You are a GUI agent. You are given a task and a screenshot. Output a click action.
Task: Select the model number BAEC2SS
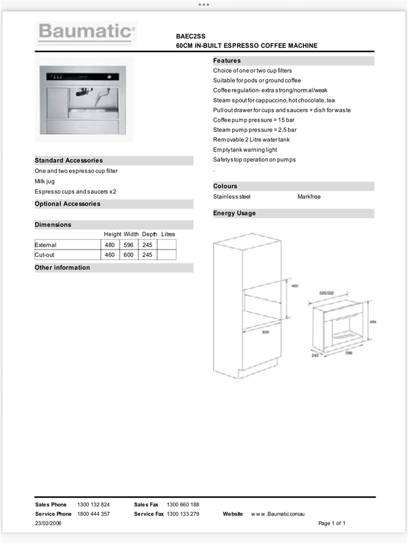point(190,35)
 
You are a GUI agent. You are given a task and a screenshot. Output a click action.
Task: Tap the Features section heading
point(227,61)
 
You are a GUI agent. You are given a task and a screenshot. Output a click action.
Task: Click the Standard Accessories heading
point(69,160)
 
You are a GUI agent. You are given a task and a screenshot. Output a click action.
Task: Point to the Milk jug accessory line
point(45,181)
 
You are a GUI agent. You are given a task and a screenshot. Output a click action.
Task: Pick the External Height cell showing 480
point(109,245)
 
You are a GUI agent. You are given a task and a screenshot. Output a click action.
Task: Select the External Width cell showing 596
point(128,245)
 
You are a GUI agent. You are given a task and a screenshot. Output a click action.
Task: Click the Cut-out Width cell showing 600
point(128,255)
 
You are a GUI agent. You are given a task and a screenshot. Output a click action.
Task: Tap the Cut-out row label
point(45,255)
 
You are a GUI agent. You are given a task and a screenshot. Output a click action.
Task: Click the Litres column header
point(168,234)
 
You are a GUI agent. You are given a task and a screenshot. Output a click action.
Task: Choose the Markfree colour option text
point(309,197)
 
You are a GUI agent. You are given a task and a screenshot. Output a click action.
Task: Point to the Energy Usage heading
point(234,213)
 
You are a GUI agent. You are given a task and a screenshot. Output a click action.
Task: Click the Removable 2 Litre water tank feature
point(251,140)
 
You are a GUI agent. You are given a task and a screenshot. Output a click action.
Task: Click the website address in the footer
point(278,514)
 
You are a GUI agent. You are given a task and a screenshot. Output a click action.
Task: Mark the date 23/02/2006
point(48,523)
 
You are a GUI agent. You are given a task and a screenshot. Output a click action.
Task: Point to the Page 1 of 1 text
point(332,523)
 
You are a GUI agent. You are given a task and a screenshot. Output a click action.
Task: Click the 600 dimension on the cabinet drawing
point(266,332)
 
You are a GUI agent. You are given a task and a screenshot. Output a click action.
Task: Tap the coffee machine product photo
point(84,99)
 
